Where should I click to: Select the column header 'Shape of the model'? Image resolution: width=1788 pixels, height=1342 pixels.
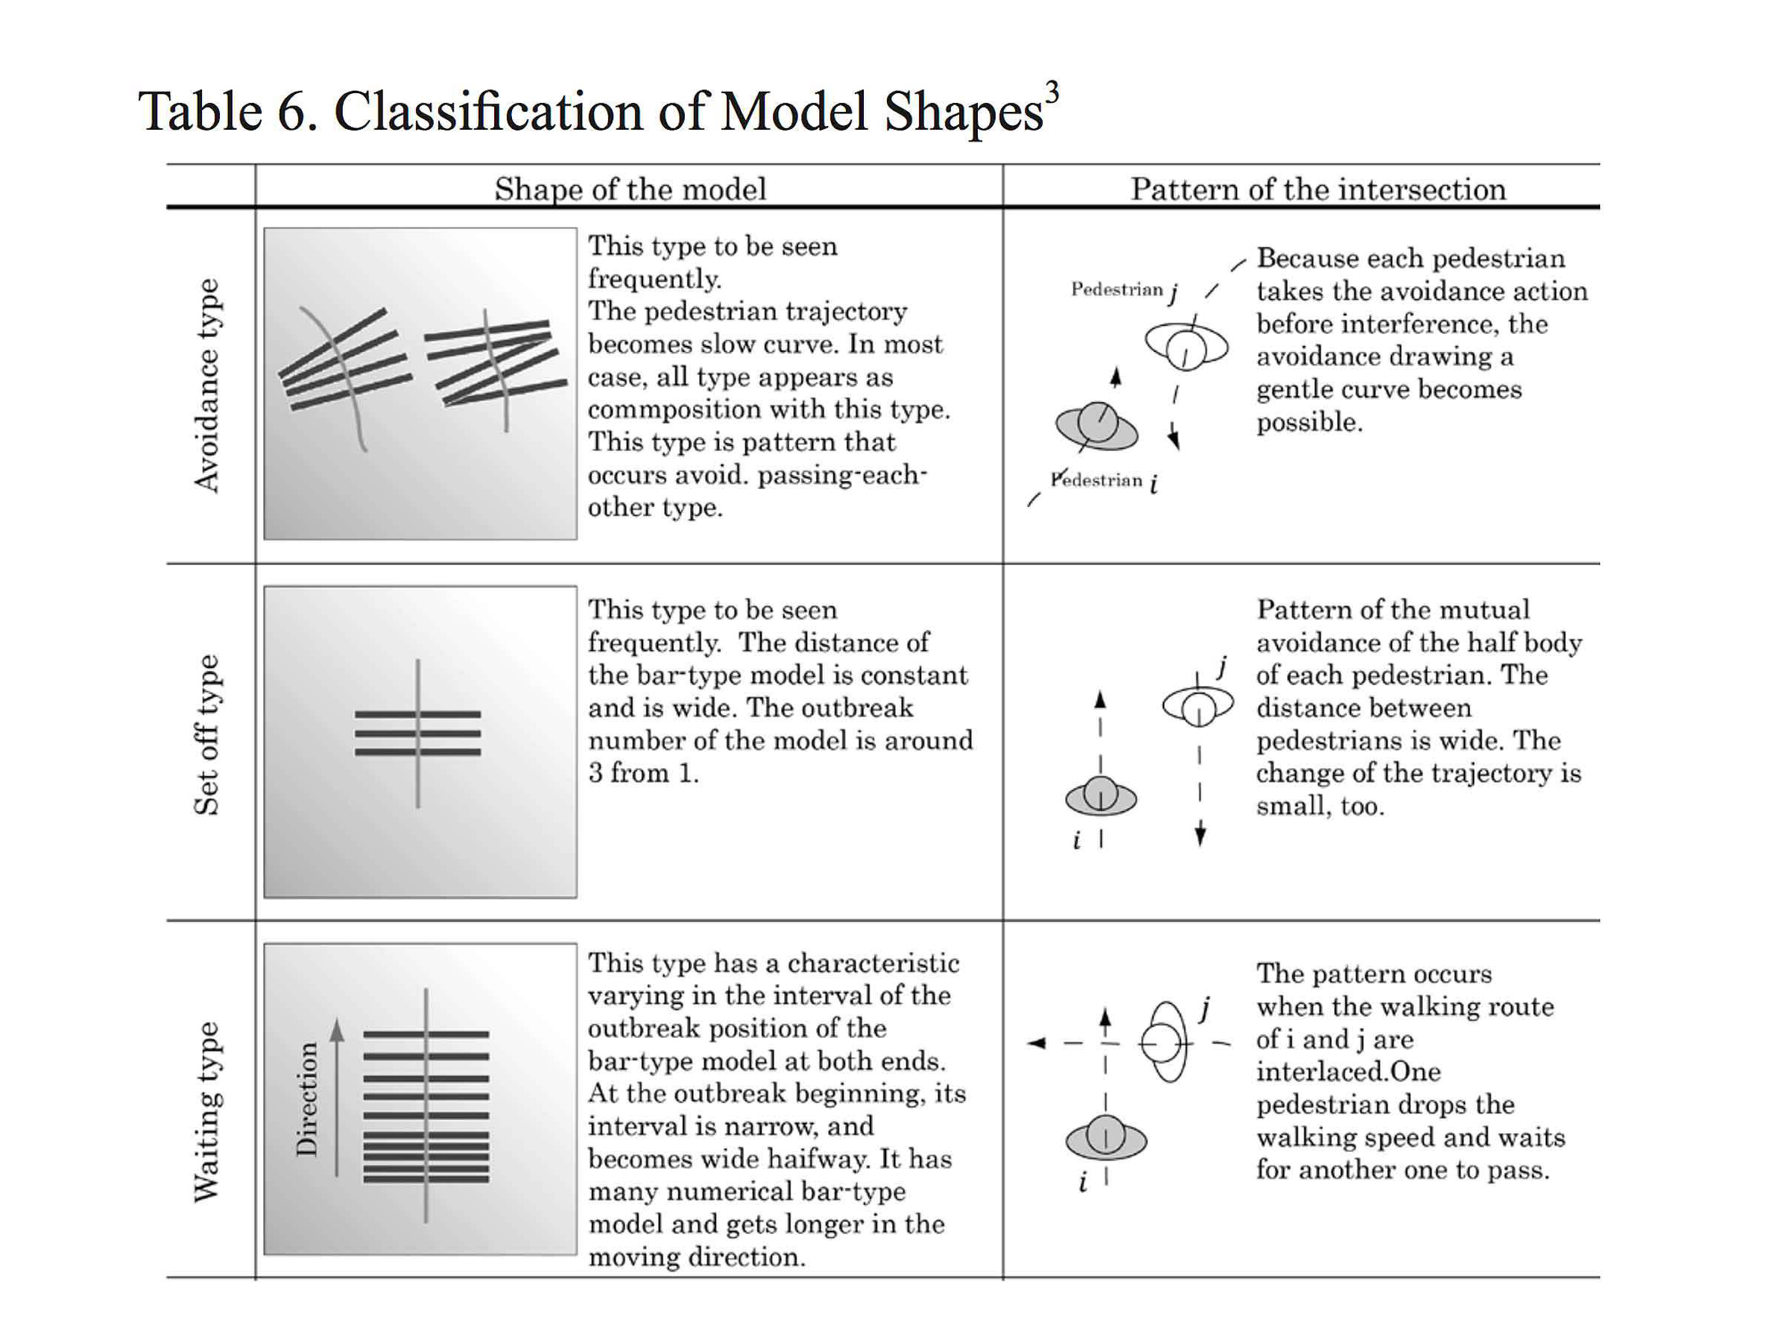[x=630, y=189]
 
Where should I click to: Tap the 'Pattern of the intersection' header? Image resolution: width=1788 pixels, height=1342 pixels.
[x=1318, y=189]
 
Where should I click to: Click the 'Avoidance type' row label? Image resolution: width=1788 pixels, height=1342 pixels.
[x=207, y=385]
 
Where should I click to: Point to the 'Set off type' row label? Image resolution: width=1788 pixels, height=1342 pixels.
[x=207, y=735]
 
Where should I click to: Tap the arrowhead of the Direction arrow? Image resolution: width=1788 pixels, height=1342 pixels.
[x=338, y=1029]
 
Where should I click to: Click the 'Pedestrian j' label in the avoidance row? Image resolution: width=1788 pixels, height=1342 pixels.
[x=1124, y=290]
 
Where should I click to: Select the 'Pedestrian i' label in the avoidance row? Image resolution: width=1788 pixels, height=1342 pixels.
[x=1104, y=481]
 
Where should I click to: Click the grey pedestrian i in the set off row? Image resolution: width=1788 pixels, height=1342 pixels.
[x=1100, y=796]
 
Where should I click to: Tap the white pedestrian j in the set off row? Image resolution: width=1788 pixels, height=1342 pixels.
[x=1198, y=707]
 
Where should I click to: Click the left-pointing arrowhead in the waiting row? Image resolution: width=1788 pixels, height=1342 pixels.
[x=1035, y=1044]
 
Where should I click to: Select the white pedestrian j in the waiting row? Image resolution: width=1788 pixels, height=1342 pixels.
[x=1165, y=1043]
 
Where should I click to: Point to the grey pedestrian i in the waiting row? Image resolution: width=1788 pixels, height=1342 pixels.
[x=1105, y=1138]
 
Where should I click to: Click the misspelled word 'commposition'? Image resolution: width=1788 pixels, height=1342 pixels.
[x=667, y=410]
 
